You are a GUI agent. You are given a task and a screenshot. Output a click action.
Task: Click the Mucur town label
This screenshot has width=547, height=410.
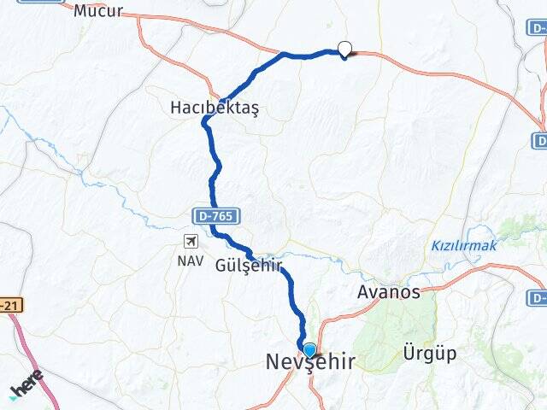(98, 11)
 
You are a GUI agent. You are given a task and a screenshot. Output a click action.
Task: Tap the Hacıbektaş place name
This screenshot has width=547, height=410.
(214, 108)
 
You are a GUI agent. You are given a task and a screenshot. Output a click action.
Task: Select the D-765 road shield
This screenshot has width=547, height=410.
(214, 217)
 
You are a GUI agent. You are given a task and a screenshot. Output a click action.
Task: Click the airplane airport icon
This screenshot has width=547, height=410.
(189, 242)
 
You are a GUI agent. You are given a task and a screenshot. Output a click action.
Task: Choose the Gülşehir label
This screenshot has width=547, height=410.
(248, 265)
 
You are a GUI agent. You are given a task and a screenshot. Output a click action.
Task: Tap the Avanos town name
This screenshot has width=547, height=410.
(388, 292)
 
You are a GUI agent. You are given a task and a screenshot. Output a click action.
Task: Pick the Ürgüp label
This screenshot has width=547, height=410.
(429, 353)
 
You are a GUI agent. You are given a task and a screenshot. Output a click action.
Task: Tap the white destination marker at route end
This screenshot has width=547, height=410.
(344, 50)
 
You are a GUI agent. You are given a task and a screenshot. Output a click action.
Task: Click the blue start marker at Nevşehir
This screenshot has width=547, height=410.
(309, 350)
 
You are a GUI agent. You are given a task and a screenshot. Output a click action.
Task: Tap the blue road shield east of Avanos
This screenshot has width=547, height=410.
(538, 297)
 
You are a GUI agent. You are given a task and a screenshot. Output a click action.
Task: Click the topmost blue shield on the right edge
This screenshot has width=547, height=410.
(538, 27)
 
